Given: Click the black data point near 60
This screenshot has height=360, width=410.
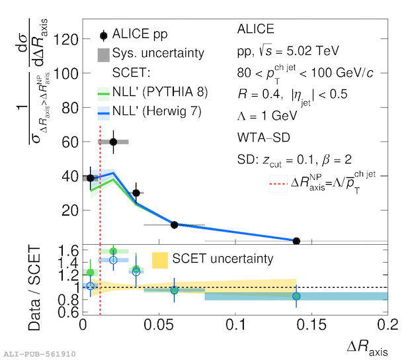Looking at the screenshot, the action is [x=113, y=142].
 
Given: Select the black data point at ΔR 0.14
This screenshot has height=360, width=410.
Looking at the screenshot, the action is [x=296, y=241].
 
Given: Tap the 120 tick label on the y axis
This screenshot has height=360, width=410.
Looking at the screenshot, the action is [x=65, y=40].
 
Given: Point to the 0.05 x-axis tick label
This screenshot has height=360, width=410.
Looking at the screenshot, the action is [x=159, y=325].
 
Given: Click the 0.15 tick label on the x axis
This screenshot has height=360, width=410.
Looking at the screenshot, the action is [x=311, y=325].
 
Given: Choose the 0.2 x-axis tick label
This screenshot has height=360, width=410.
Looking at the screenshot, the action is [x=388, y=325].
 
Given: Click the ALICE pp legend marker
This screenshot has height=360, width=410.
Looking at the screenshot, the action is [x=104, y=35].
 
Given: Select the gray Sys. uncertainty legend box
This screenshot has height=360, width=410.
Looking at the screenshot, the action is [x=104, y=55].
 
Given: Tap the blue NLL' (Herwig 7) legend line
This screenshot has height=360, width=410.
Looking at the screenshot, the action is [x=104, y=113].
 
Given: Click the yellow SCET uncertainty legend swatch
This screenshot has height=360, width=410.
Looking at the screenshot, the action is [x=160, y=260].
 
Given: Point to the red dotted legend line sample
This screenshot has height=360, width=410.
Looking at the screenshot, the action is [x=278, y=184].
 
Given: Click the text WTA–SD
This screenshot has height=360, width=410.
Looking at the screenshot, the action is [x=264, y=138].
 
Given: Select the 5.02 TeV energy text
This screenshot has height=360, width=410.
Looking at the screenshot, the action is [x=313, y=51].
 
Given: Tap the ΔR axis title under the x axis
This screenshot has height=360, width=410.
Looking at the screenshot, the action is [x=368, y=347].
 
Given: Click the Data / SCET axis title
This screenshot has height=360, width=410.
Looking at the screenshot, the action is [x=34, y=288].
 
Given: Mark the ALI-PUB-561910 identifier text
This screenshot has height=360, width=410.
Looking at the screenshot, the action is [x=40, y=354].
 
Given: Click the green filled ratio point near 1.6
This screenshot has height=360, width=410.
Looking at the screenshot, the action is [x=113, y=251].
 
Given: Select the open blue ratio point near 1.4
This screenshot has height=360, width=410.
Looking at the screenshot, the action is [x=113, y=260].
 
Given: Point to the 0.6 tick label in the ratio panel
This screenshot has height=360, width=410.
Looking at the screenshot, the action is [x=69, y=312].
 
